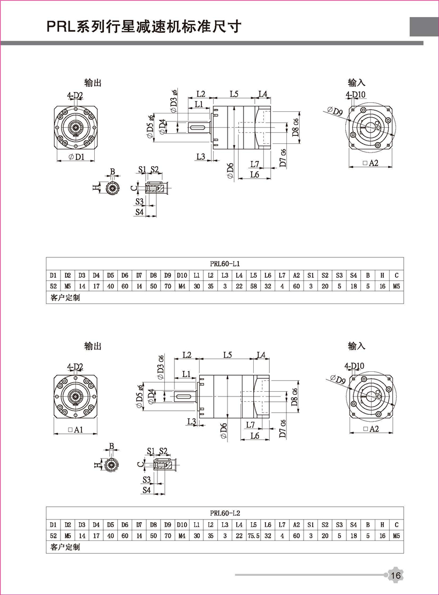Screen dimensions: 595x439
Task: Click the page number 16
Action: point(396,575)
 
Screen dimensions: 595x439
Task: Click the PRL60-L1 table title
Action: point(224,263)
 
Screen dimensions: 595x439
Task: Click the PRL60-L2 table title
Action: point(224,513)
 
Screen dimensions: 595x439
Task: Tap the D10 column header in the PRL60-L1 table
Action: point(181,275)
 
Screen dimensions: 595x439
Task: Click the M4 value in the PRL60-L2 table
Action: point(181,536)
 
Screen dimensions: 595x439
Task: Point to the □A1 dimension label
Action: point(76,430)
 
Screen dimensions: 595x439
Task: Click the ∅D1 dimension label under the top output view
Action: point(77,157)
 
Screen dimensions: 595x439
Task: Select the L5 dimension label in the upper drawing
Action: point(234,94)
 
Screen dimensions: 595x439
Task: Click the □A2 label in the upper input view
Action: point(370,163)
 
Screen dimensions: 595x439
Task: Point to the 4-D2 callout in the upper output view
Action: point(75,96)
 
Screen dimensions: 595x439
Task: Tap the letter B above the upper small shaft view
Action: point(112,171)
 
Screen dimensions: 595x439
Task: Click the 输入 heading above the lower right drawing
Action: point(356,346)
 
